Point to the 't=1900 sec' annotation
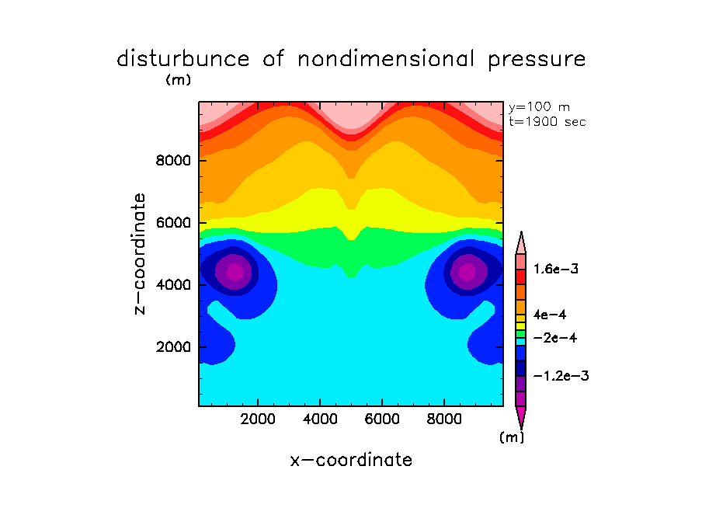pos(547,121)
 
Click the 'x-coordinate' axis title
pos(351,460)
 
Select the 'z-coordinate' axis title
pos(141,253)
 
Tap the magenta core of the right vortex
pos(467,272)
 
